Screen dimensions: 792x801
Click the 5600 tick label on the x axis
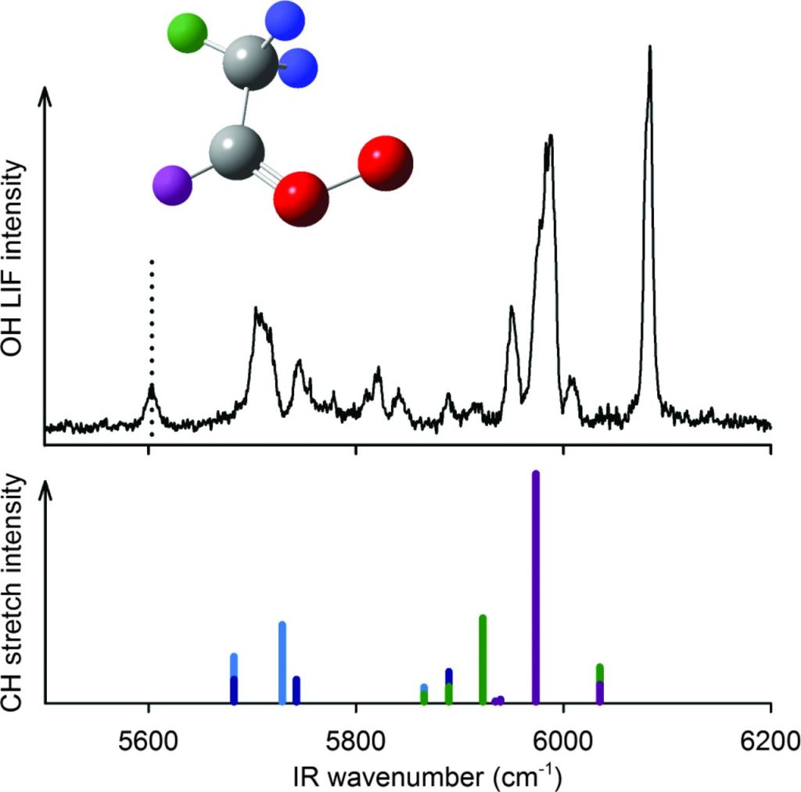(x=148, y=738)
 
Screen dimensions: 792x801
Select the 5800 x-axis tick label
(x=356, y=738)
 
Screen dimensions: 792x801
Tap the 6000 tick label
(x=563, y=738)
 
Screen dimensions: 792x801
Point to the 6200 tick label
(x=770, y=738)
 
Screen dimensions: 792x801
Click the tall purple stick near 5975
(x=536, y=586)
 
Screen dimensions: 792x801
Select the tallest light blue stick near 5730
(x=282, y=662)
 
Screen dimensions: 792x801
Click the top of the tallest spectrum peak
(x=649, y=48)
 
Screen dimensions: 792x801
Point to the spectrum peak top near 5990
(x=551, y=137)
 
